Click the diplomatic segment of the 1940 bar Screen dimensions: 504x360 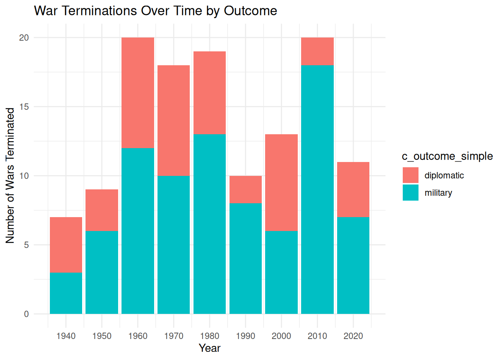(66, 245)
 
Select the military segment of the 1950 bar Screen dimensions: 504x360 (102, 273)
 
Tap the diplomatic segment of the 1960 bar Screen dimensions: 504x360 (138, 93)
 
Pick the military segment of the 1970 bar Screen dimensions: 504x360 (174, 245)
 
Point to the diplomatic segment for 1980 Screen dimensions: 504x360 (210, 93)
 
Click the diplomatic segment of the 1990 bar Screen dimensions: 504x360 (246, 189)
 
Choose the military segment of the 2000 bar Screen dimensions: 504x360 (282, 273)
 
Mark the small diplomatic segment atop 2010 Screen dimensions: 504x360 (318, 51)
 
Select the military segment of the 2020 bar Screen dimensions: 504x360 (353, 265)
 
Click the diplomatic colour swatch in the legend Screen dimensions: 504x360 (411, 175)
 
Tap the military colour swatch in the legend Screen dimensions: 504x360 (411, 193)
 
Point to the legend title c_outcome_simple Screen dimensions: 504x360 (447, 156)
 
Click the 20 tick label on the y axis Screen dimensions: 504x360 (24, 37)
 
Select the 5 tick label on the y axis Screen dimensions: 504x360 (26, 245)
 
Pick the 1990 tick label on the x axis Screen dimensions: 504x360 (246, 336)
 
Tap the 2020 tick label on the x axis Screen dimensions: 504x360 (353, 336)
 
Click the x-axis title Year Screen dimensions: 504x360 (210, 348)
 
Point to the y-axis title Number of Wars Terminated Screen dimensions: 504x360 (10, 175)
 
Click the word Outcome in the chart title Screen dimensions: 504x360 (250, 10)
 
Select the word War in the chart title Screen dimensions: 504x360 (45, 10)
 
